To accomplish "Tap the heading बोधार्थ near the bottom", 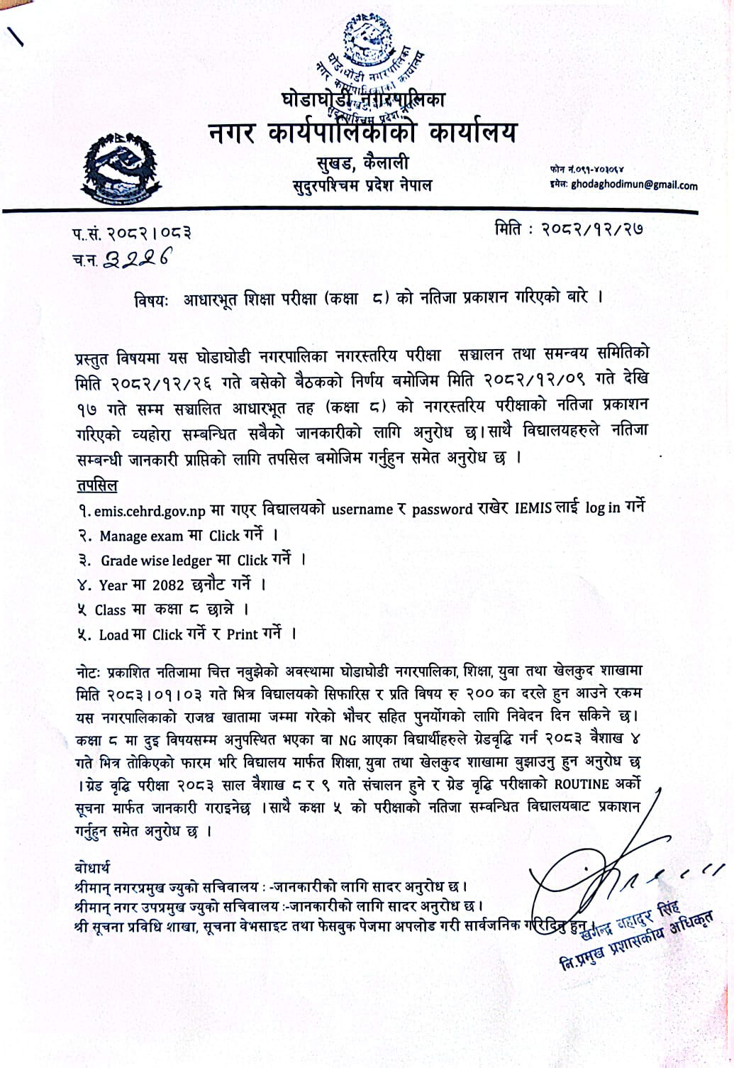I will pyautogui.click(x=91, y=868).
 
